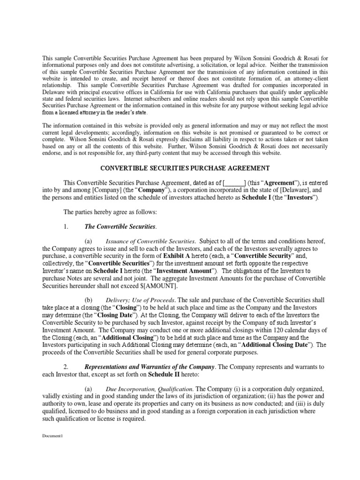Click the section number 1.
click(66, 227)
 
